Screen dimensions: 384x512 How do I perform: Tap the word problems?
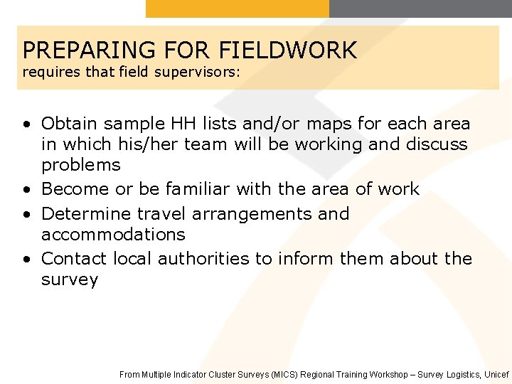(x=81, y=165)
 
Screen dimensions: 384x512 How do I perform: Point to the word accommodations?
(x=113, y=234)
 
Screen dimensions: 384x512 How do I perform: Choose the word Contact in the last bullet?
(x=73, y=258)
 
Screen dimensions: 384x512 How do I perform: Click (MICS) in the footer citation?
(x=284, y=374)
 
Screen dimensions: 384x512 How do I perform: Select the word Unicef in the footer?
(x=497, y=374)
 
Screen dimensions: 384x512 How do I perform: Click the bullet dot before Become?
(x=26, y=190)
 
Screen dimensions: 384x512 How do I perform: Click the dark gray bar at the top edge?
(x=420, y=8)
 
